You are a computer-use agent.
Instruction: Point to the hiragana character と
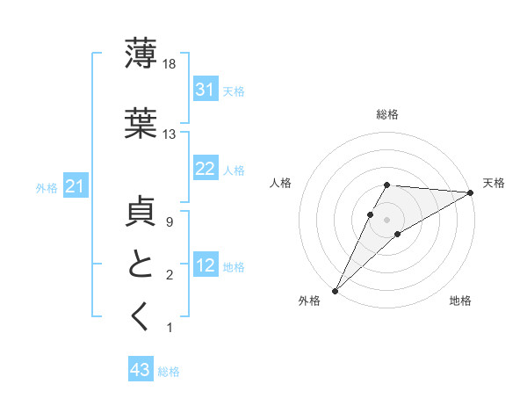(141, 265)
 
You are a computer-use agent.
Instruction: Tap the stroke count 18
(170, 63)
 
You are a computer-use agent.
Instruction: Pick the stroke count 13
(170, 134)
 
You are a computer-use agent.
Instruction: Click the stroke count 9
(169, 223)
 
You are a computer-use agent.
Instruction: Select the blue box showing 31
(205, 89)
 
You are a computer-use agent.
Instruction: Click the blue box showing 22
(205, 169)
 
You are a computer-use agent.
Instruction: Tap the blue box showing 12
(205, 265)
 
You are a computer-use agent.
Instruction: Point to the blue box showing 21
(76, 185)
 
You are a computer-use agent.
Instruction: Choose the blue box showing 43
(141, 370)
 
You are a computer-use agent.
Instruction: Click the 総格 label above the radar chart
(386, 114)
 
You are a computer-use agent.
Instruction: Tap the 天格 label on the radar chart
(494, 183)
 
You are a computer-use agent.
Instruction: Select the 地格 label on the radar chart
(460, 301)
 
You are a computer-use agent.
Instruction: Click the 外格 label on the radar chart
(309, 301)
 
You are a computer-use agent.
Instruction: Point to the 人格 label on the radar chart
(280, 183)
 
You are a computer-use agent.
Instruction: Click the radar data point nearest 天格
(471, 192)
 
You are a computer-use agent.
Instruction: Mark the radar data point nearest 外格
(335, 291)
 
